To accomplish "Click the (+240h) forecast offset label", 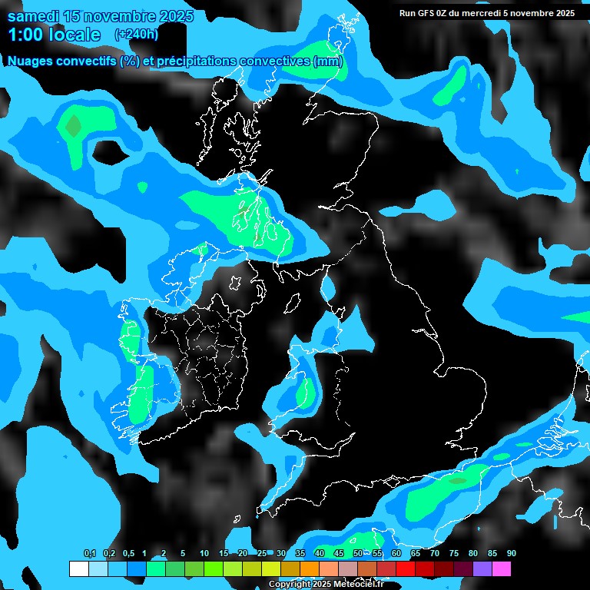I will [137, 34].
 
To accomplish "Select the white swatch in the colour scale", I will [78, 569].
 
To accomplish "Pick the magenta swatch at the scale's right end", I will [502, 569].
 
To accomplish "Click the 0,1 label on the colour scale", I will [90, 554].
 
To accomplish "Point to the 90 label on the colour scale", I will [512, 554].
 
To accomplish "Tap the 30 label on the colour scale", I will [281, 554].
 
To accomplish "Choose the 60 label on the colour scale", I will [396, 554].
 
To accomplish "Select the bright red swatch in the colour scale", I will [406, 569].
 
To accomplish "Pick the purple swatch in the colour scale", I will [482, 569].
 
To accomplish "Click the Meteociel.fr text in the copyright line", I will [360, 584].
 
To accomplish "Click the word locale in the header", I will [73, 35].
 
